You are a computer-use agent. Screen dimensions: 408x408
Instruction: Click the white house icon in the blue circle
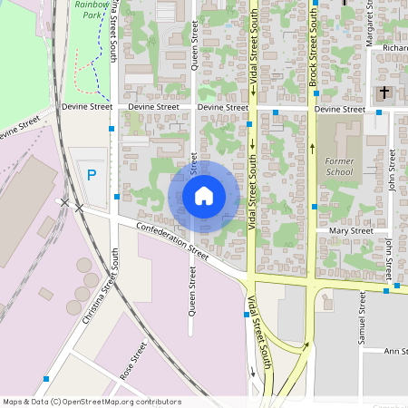tap(204, 196)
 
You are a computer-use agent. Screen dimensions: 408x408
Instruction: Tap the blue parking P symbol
tap(91, 175)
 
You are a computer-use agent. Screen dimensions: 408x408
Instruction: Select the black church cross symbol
tap(384, 92)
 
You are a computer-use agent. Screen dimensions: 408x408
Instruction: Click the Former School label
tap(339, 166)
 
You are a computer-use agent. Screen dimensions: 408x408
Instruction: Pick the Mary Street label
tap(351, 231)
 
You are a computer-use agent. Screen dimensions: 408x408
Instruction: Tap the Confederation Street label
tap(172, 242)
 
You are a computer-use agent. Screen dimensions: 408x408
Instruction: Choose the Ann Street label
tap(396, 351)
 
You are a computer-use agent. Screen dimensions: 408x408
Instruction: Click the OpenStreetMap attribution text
tap(92, 401)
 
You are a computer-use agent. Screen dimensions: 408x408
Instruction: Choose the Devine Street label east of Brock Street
tap(339, 110)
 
